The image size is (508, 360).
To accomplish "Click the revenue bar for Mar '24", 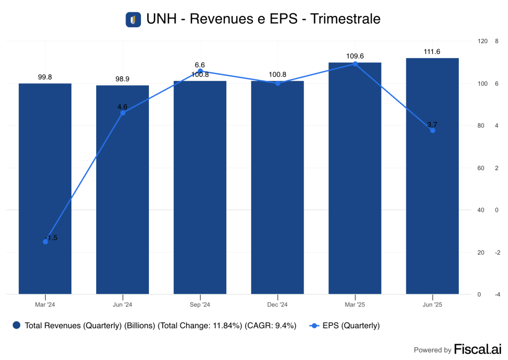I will (x=45, y=188).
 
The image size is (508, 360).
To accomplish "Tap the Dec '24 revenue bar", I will (x=277, y=188).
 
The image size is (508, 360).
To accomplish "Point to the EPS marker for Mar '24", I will (x=46, y=241).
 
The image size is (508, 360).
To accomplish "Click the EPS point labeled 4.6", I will (x=123, y=113).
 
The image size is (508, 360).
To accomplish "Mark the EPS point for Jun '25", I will (x=433, y=130).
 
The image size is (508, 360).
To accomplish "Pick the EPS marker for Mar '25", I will (x=355, y=64).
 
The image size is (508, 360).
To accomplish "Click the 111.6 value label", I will (x=432, y=52).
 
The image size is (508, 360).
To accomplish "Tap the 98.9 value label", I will (x=123, y=79).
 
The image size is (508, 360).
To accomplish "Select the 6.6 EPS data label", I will (x=200, y=65).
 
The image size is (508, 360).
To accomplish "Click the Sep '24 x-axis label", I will (x=200, y=304).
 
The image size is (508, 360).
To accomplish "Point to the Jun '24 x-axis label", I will (x=123, y=304).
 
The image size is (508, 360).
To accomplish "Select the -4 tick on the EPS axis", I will (x=497, y=295).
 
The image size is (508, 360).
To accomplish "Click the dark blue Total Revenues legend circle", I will (x=17, y=326).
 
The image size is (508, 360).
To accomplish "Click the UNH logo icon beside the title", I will (x=133, y=19).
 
